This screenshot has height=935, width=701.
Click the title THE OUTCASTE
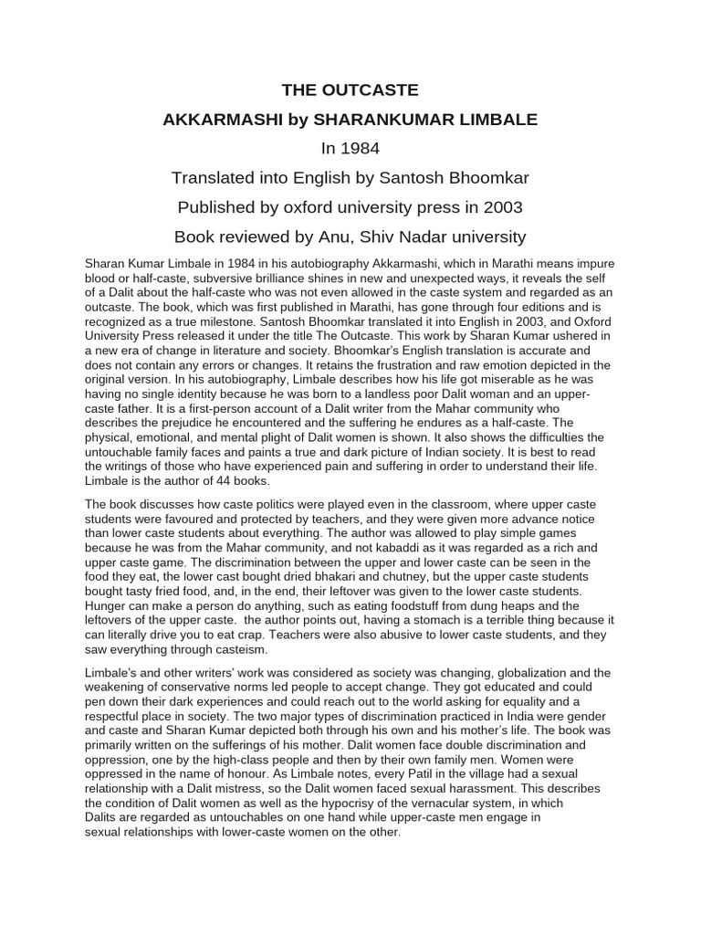click(x=350, y=89)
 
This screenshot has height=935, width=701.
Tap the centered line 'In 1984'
click(x=350, y=148)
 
